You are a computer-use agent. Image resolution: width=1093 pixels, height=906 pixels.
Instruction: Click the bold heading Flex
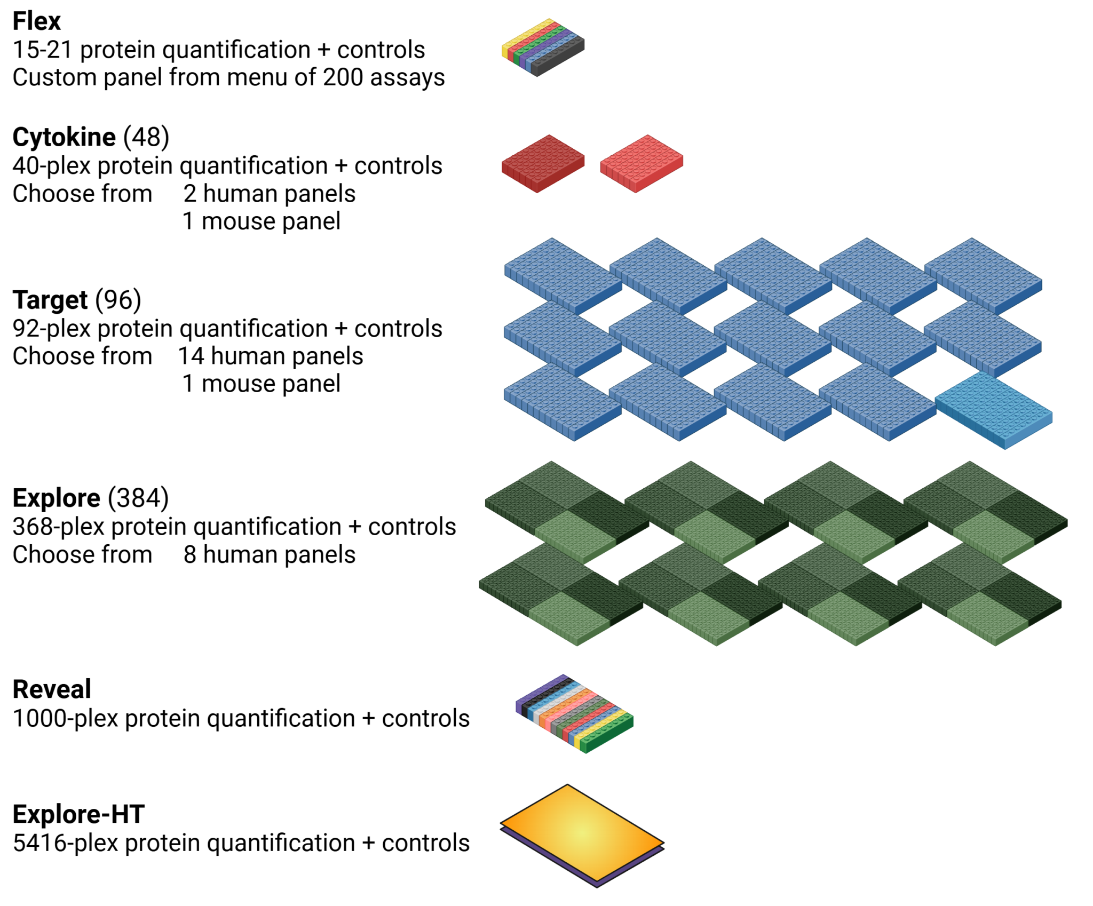(36, 21)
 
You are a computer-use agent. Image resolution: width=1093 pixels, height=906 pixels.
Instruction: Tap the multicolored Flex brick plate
(542, 47)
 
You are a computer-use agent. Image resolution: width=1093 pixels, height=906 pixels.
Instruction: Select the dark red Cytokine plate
(542, 163)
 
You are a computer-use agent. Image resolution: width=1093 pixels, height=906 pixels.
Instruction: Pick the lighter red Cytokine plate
(641, 163)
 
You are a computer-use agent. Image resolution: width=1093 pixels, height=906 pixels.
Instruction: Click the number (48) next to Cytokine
(146, 137)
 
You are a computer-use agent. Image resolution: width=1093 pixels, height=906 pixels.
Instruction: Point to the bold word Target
(50, 300)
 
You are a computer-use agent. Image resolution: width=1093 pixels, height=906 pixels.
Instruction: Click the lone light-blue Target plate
(993, 410)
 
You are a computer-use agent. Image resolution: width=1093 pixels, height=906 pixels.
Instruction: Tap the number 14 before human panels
(191, 356)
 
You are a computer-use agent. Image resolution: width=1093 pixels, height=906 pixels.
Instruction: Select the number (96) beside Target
(118, 300)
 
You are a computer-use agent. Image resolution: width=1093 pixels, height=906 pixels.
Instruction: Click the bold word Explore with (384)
(56, 498)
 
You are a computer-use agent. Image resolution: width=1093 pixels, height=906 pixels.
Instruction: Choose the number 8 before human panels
(190, 554)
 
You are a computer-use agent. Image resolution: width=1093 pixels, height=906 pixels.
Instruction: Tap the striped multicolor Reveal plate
(574, 713)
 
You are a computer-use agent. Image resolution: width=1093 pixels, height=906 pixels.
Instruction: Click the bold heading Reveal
(52, 689)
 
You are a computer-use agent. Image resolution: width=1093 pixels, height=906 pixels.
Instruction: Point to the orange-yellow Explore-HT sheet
(582, 832)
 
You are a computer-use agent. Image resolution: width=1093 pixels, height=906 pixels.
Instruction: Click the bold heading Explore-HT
(78, 814)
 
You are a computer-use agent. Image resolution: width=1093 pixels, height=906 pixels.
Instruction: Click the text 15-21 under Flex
(42, 50)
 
